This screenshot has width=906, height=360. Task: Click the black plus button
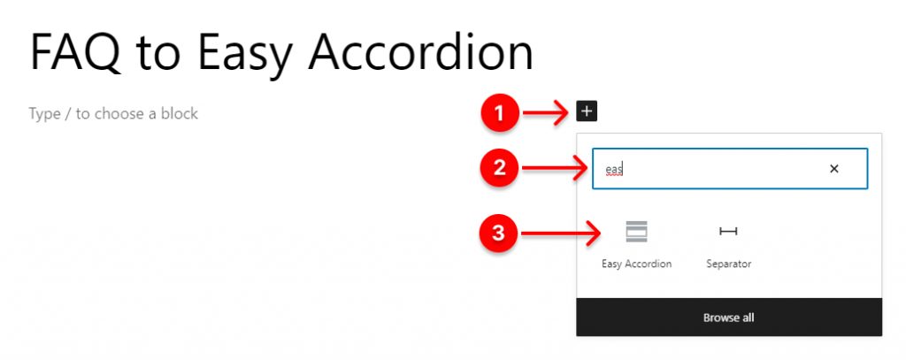click(x=587, y=111)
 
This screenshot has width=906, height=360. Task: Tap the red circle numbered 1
click(x=501, y=112)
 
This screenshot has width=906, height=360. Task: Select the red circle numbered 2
click(x=500, y=167)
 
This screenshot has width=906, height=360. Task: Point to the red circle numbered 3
click(x=499, y=234)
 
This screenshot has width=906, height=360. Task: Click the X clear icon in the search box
click(x=833, y=169)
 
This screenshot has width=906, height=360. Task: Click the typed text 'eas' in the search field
click(x=614, y=169)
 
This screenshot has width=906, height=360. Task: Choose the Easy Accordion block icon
click(x=636, y=231)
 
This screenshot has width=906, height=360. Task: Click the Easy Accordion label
click(x=636, y=264)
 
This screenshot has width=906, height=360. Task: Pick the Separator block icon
click(x=728, y=231)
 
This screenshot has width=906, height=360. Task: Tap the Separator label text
click(x=729, y=264)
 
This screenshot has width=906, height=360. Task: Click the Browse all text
click(x=729, y=318)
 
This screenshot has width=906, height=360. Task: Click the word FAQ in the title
click(x=76, y=51)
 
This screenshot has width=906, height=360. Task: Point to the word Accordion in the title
click(x=420, y=51)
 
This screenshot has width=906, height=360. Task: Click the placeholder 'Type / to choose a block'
click(x=113, y=114)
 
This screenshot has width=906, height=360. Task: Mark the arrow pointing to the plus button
click(x=546, y=112)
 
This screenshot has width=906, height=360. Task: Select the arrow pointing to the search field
click(x=555, y=168)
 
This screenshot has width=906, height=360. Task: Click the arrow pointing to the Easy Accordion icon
click(x=561, y=234)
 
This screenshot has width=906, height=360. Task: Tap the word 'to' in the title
click(x=159, y=53)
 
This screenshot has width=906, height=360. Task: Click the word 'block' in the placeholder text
click(x=179, y=113)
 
